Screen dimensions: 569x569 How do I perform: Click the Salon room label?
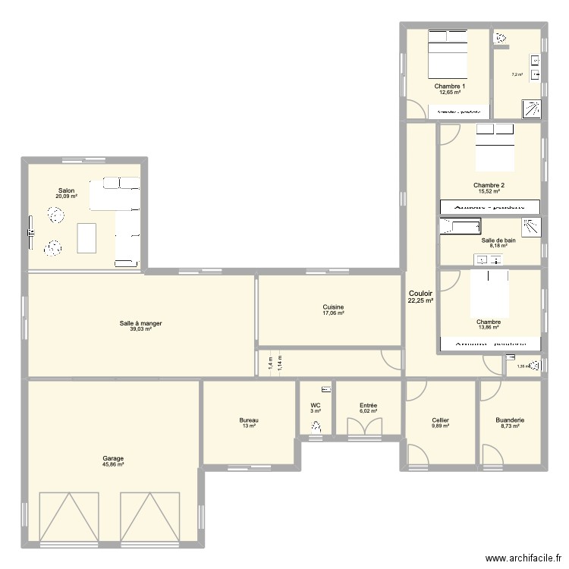66,190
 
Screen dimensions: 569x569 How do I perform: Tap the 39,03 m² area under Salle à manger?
140,330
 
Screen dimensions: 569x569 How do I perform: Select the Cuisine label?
333,307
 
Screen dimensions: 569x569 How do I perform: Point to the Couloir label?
420,293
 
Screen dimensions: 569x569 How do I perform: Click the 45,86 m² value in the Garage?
114,464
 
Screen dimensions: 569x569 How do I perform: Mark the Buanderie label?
509,420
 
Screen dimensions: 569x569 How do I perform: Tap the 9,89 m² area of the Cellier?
440,426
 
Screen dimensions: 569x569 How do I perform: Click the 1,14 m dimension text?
280,363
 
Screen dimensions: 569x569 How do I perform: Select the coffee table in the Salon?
86,237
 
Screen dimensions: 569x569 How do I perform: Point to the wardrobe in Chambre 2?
489,206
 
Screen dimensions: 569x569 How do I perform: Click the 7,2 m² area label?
517,74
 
